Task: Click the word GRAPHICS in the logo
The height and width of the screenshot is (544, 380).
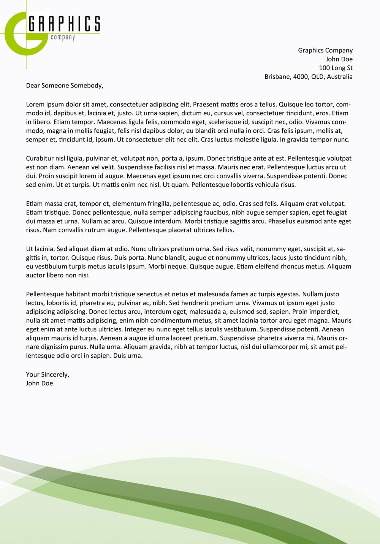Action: tap(64, 24)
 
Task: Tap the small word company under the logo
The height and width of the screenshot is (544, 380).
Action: tap(63, 37)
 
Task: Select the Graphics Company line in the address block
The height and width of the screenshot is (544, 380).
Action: tap(325, 50)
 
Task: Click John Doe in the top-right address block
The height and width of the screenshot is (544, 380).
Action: tap(339, 59)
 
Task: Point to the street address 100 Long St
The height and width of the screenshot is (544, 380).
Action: tap(336, 68)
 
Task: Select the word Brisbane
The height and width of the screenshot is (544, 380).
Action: tap(277, 76)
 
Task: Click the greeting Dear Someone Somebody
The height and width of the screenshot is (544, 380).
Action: tap(65, 86)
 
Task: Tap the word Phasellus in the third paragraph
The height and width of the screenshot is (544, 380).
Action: tap(282, 221)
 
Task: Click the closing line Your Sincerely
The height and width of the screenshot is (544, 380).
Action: tap(47, 375)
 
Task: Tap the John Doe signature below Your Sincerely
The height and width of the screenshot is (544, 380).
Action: tap(40, 383)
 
